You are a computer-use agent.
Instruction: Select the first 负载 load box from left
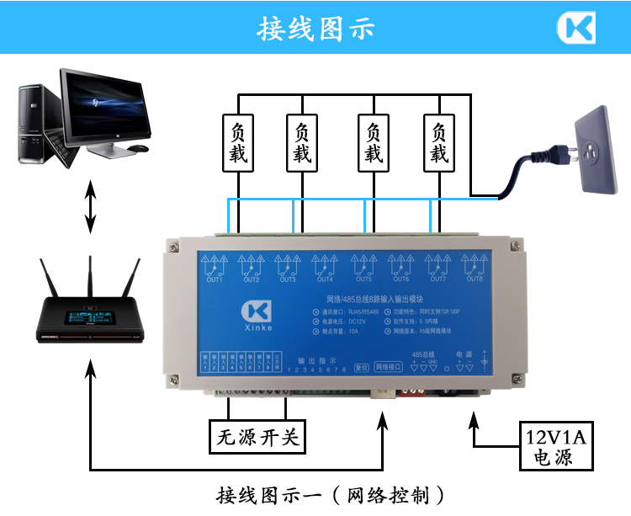tap(238, 144)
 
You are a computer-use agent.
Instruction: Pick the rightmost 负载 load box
tap(438, 144)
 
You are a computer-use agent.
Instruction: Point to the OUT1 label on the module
tap(215, 280)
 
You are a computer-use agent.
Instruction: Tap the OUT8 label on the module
tap(475, 280)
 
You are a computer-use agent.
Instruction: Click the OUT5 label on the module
tap(363, 280)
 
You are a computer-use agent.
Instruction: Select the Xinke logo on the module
tap(253, 316)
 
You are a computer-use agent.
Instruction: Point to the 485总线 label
tap(422, 355)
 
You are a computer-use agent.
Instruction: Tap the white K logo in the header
tap(575, 28)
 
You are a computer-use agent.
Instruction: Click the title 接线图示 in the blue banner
tap(315, 29)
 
